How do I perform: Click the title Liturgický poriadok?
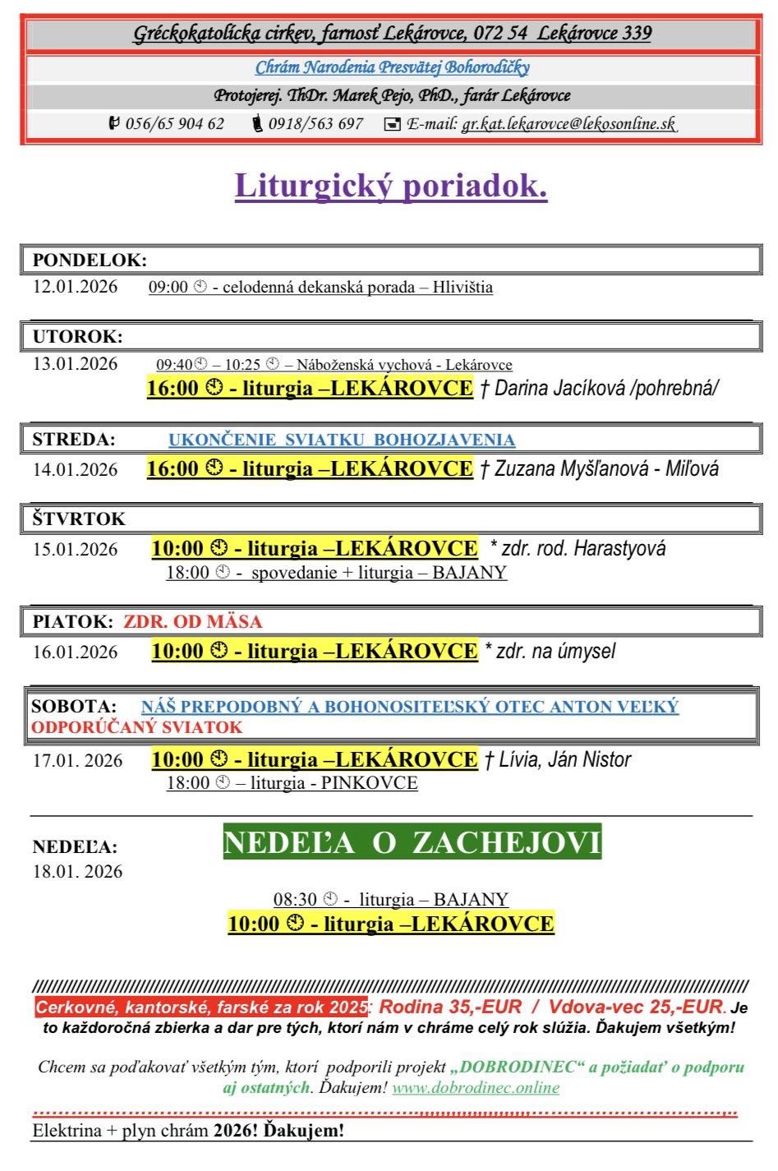(391, 186)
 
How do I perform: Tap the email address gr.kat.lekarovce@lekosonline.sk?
(569, 124)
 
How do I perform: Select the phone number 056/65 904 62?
(174, 124)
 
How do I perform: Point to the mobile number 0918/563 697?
(315, 124)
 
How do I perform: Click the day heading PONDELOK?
(90, 260)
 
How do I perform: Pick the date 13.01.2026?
(76, 364)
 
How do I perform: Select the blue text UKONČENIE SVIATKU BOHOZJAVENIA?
(342, 440)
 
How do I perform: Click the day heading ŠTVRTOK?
(79, 519)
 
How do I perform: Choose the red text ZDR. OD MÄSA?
(193, 621)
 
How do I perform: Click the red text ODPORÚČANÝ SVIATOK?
(137, 727)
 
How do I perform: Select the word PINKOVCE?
(370, 783)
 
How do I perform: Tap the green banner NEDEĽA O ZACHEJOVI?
(412, 842)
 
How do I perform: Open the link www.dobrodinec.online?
(476, 1088)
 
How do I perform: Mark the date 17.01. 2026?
(78, 760)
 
